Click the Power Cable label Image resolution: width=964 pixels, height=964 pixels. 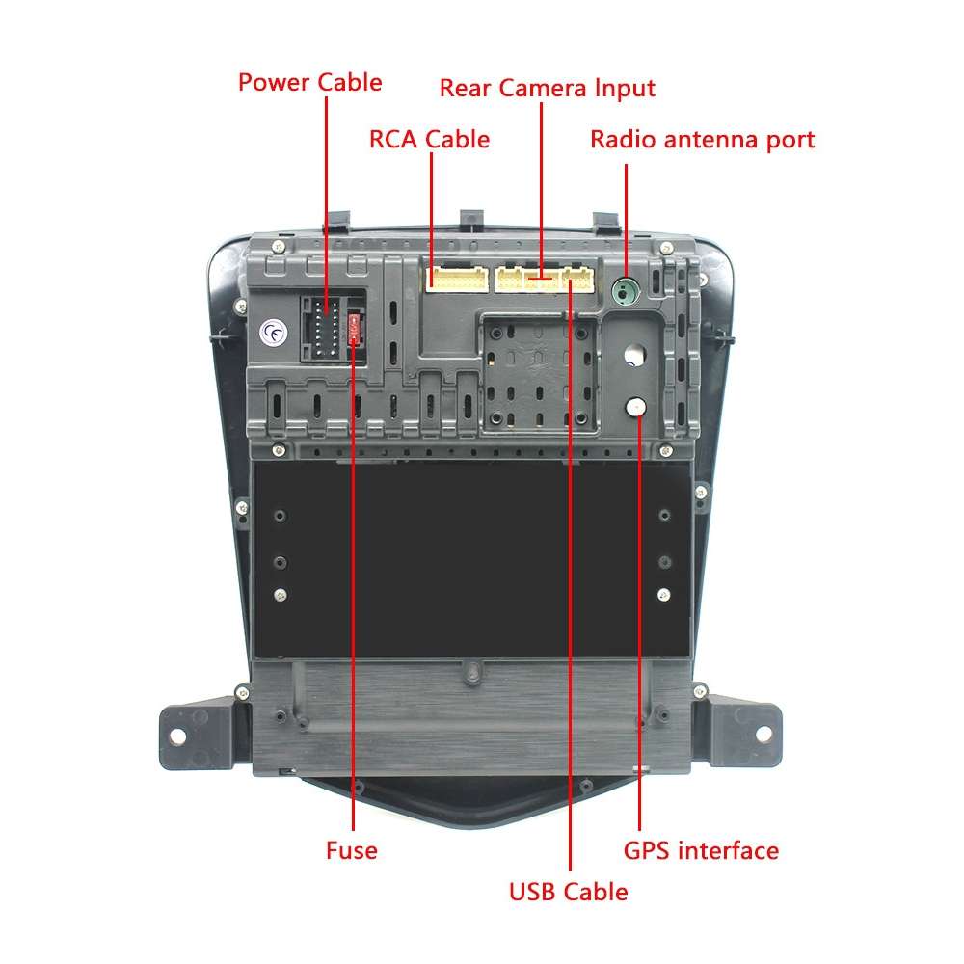pos(309,82)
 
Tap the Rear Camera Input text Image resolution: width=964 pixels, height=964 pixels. pos(547,88)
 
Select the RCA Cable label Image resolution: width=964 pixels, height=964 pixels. pos(429,139)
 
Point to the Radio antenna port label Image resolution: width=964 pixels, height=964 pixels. pos(702,139)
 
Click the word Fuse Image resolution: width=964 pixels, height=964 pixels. pos(351,850)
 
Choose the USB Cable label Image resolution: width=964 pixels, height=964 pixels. pos(568,892)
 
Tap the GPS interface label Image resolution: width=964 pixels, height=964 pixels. pos(701,850)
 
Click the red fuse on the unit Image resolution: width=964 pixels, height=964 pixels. pos(356,328)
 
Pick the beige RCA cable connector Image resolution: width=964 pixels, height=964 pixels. pos(456,280)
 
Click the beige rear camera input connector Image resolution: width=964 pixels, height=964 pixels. pos(526,280)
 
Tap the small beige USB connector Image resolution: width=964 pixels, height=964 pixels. pos(578,280)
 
